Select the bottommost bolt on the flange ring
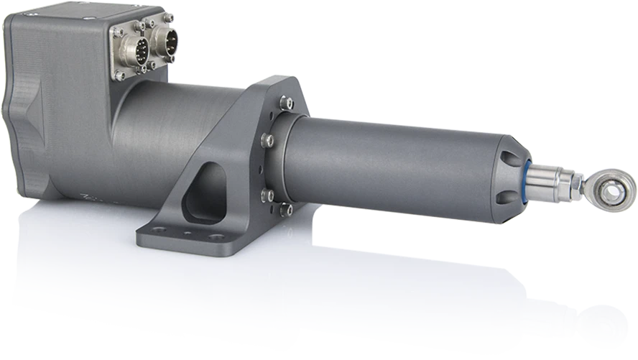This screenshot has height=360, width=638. pyautogui.click(x=285, y=209)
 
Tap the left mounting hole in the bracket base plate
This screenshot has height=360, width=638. pyautogui.click(x=159, y=230)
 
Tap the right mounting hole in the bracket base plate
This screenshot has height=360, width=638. pyautogui.click(x=216, y=236)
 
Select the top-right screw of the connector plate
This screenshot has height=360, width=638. pyautogui.click(x=167, y=17)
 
